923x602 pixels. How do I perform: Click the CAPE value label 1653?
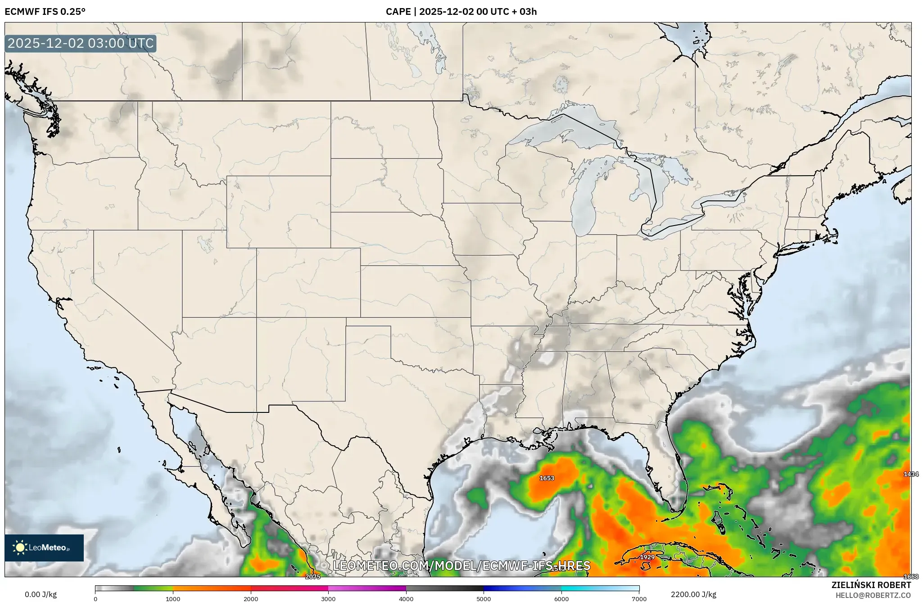click(x=547, y=478)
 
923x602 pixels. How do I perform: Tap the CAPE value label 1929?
click(x=647, y=557)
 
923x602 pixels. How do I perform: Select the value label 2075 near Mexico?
click(x=312, y=577)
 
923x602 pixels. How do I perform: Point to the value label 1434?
click(x=910, y=474)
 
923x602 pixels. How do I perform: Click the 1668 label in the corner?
click(x=910, y=577)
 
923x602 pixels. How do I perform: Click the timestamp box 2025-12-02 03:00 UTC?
click(x=81, y=44)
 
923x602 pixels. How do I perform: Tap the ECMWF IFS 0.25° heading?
click(x=45, y=12)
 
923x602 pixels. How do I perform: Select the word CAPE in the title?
click(x=397, y=12)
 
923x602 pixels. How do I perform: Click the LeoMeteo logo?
click(x=44, y=548)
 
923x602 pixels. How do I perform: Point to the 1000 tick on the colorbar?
click(x=173, y=599)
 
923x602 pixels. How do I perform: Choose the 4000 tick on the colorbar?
click(x=406, y=599)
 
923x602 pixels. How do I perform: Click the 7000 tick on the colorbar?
click(x=639, y=599)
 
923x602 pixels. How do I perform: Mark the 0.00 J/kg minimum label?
click(x=41, y=594)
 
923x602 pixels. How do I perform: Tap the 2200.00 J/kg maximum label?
click(x=693, y=594)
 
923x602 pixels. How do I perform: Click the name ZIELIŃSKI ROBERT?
click(x=871, y=585)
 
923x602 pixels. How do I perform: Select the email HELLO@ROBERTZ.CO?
click(x=873, y=595)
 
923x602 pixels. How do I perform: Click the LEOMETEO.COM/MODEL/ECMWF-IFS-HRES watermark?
click(x=461, y=566)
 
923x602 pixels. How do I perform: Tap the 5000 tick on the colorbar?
click(x=484, y=599)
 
